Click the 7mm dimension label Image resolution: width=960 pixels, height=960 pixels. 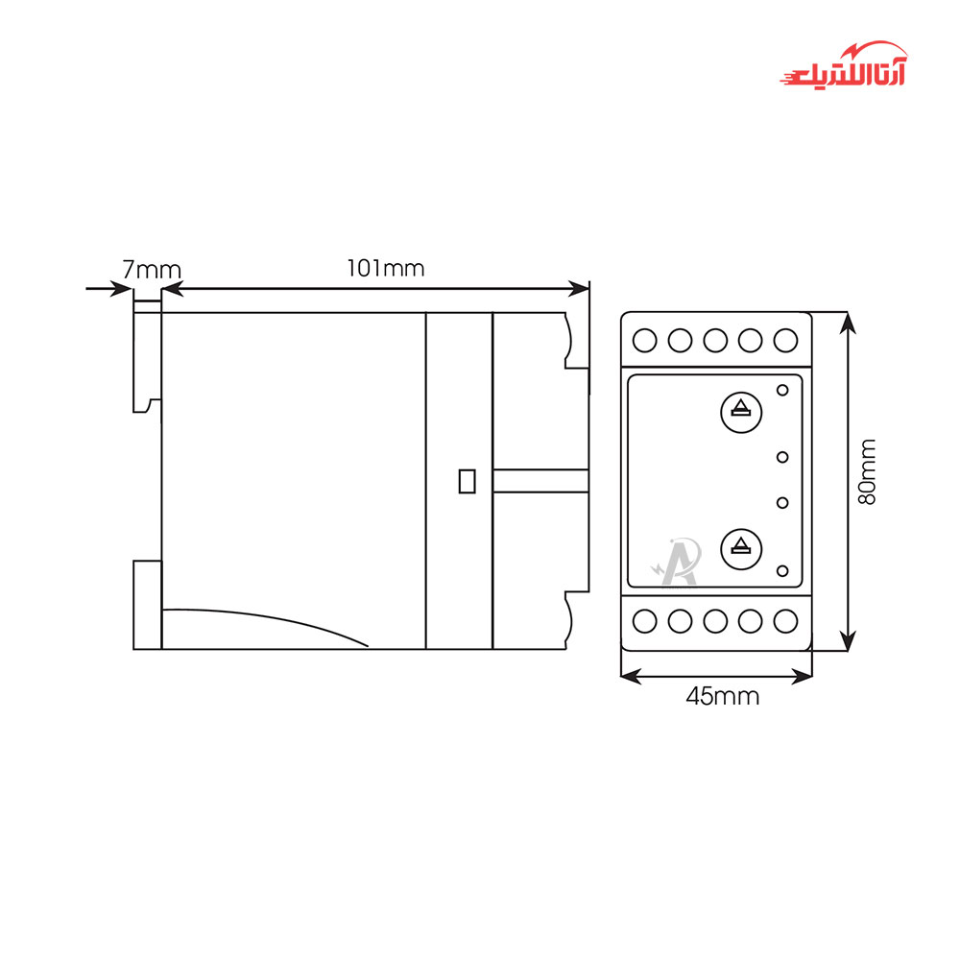152,270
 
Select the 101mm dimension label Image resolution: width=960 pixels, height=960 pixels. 386,268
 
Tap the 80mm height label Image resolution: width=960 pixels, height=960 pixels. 867,471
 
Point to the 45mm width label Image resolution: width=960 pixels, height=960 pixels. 723,696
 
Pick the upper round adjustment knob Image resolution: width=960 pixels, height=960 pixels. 741,412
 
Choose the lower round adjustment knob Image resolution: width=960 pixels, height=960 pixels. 741,548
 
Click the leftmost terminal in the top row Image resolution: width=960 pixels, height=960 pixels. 644,341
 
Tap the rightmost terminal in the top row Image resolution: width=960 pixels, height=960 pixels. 785,341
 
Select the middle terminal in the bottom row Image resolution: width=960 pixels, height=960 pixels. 715,621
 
